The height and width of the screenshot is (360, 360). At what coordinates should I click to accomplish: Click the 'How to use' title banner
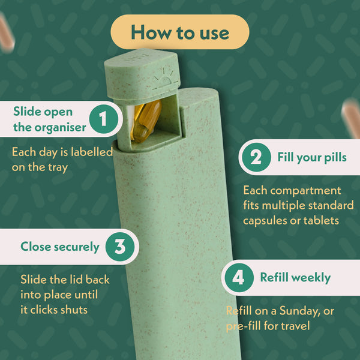point(180,32)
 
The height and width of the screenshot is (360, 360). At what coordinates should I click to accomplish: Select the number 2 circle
point(256,158)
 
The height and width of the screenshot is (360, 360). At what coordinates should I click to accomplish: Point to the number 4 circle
point(238,278)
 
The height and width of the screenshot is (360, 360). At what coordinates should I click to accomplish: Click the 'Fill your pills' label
point(311,158)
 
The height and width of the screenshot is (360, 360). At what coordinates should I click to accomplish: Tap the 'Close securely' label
point(60,247)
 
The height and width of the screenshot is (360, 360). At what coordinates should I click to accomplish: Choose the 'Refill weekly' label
point(295,278)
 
